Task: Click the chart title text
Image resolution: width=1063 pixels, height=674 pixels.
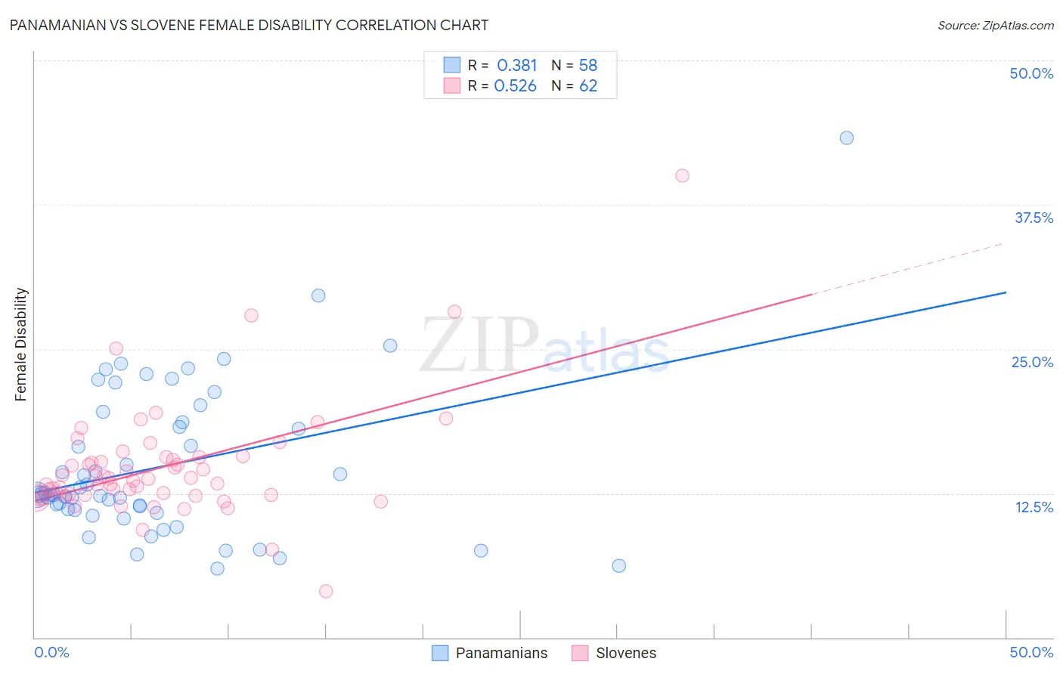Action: [249, 25]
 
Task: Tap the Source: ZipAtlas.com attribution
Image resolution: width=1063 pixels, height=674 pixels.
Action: [995, 25]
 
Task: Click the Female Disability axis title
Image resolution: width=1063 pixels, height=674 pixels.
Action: [20, 344]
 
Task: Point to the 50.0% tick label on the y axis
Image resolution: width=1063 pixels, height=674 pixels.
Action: [1031, 73]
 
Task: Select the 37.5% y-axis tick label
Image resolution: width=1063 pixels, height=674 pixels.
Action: [1034, 218]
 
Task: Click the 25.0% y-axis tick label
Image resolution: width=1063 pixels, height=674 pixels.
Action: [1032, 362]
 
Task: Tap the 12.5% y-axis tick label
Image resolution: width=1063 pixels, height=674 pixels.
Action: [1034, 507]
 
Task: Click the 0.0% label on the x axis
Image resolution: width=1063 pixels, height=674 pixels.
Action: [51, 652]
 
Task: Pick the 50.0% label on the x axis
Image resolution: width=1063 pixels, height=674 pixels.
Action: [1031, 652]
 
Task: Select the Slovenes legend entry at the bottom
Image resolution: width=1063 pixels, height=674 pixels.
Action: [625, 653]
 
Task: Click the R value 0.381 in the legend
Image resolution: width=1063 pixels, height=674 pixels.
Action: [517, 66]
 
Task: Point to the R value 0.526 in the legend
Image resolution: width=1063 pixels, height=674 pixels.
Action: [516, 86]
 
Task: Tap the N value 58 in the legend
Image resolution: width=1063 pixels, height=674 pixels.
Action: [588, 66]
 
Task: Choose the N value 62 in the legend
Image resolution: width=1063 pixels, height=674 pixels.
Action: [588, 86]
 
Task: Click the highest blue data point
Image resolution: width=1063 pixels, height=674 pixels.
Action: [847, 138]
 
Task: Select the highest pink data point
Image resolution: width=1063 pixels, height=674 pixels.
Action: [682, 175]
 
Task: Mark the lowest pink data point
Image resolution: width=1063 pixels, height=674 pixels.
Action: [326, 591]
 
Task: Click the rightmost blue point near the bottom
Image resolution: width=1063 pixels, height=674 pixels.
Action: [619, 565]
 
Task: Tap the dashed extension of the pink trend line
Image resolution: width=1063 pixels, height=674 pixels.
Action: [907, 268]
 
